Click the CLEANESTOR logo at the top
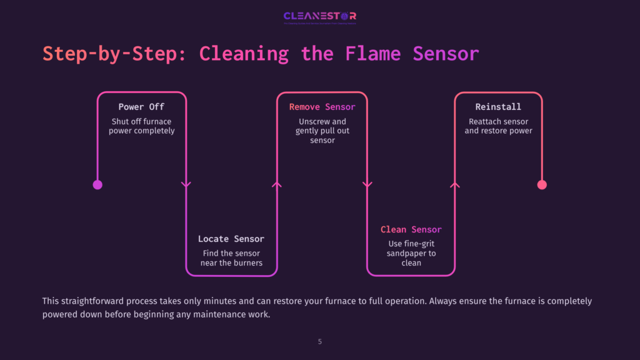[x=319, y=16]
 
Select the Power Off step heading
[x=141, y=107]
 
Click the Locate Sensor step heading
[x=231, y=239]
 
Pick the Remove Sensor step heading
[x=322, y=107]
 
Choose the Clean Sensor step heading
[x=411, y=229]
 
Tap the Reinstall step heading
[x=498, y=107]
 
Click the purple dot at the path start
[x=97, y=184]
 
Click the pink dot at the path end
[x=542, y=184]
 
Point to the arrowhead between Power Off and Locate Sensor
[x=186, y=184]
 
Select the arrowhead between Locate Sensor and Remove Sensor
[x=277, y=184]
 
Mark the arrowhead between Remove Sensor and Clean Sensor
[x=367, y=184]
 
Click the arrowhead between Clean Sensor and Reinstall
[x=455, y=184]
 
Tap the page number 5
[x=320, y=342]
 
